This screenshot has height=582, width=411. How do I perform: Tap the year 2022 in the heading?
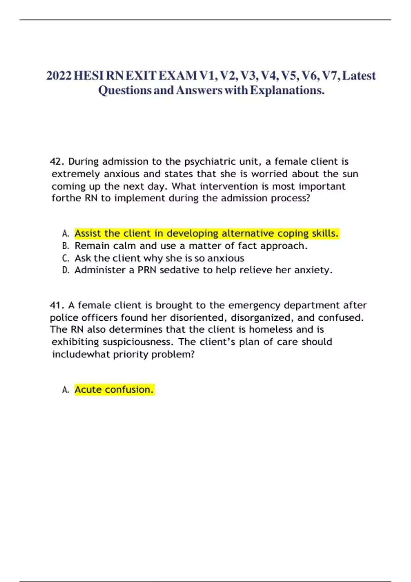point(59,76)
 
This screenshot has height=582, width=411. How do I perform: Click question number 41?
point(57,305)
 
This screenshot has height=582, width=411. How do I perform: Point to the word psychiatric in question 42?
point(205,162)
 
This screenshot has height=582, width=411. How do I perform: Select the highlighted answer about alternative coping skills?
point(207,233)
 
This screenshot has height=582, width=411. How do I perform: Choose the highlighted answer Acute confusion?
point(114,390)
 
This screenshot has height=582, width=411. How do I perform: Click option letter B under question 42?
point(65,246)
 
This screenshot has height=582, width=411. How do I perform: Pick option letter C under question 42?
point(65,258)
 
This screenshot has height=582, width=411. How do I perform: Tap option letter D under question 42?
point(65,270)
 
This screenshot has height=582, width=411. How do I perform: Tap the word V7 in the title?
point(329,76)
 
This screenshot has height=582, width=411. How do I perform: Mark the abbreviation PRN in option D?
point(147,270)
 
